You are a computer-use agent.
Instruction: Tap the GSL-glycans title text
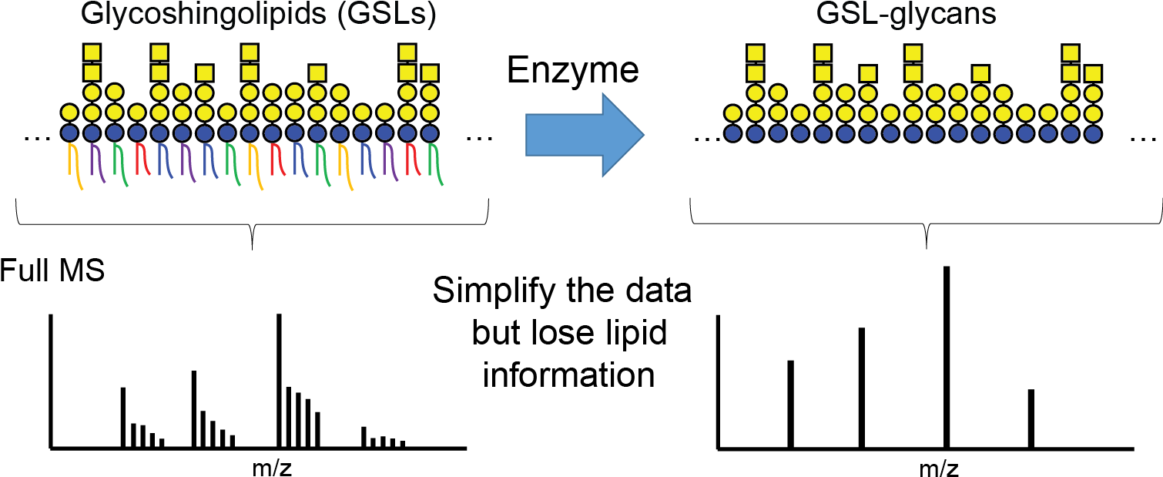point(906,14)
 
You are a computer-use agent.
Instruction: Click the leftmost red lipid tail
point(141,160)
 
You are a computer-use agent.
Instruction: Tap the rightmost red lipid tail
point(412,160)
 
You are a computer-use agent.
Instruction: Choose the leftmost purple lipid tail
point(96,162)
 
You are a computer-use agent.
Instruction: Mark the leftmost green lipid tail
point(119,163)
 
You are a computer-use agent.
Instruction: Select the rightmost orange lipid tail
point(344,165)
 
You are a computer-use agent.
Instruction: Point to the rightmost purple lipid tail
point(390,162)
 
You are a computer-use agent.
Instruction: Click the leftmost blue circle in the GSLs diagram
point(69,133)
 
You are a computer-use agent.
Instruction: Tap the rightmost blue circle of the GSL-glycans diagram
point(1093,134)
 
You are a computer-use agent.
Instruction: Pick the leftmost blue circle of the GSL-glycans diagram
point(732,133)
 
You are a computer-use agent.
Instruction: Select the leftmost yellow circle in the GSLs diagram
point(69,113)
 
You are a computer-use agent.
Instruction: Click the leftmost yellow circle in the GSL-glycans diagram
point(732,113)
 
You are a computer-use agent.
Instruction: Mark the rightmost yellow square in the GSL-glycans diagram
point(1093,74)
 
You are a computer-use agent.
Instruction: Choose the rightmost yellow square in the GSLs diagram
point(430,73)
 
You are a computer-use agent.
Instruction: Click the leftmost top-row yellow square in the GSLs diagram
point(92,52)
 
